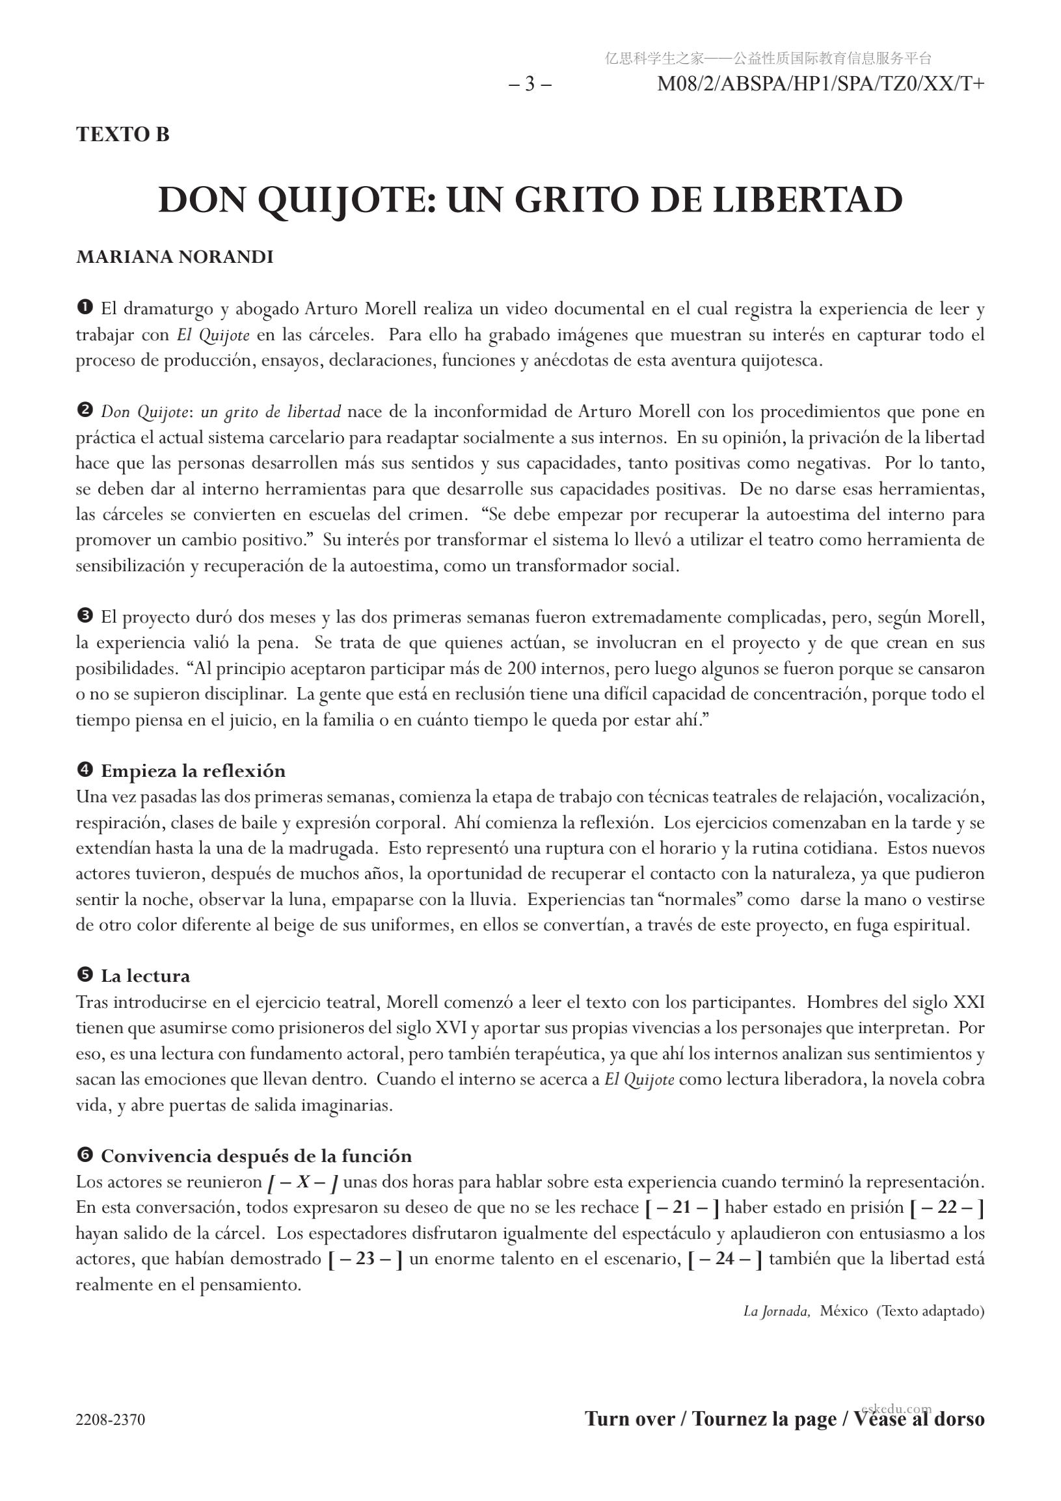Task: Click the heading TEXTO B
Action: click(122, 134)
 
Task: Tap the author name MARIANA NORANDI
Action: click(174, 257)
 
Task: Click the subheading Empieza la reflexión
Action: click(193, 771)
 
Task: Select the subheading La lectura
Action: click(145, 976)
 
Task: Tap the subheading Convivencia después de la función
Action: click(256, 1156)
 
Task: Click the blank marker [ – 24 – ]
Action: click(725, 1258)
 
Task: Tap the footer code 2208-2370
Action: click(111, 1420)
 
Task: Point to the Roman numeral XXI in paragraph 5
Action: click(969, 1002)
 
